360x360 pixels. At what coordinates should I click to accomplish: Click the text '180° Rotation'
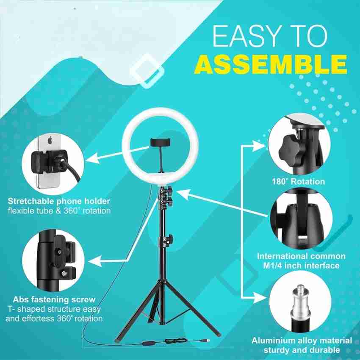pyautogui.click(x=298, y=182)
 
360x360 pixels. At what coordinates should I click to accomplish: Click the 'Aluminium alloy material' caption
pyautogui.click(x=302, y=341)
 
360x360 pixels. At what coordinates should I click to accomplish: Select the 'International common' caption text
pyautogui.click(x=301, y=256)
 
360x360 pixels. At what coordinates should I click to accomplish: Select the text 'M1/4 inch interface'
pyautogui.click(x=301, y=266)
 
